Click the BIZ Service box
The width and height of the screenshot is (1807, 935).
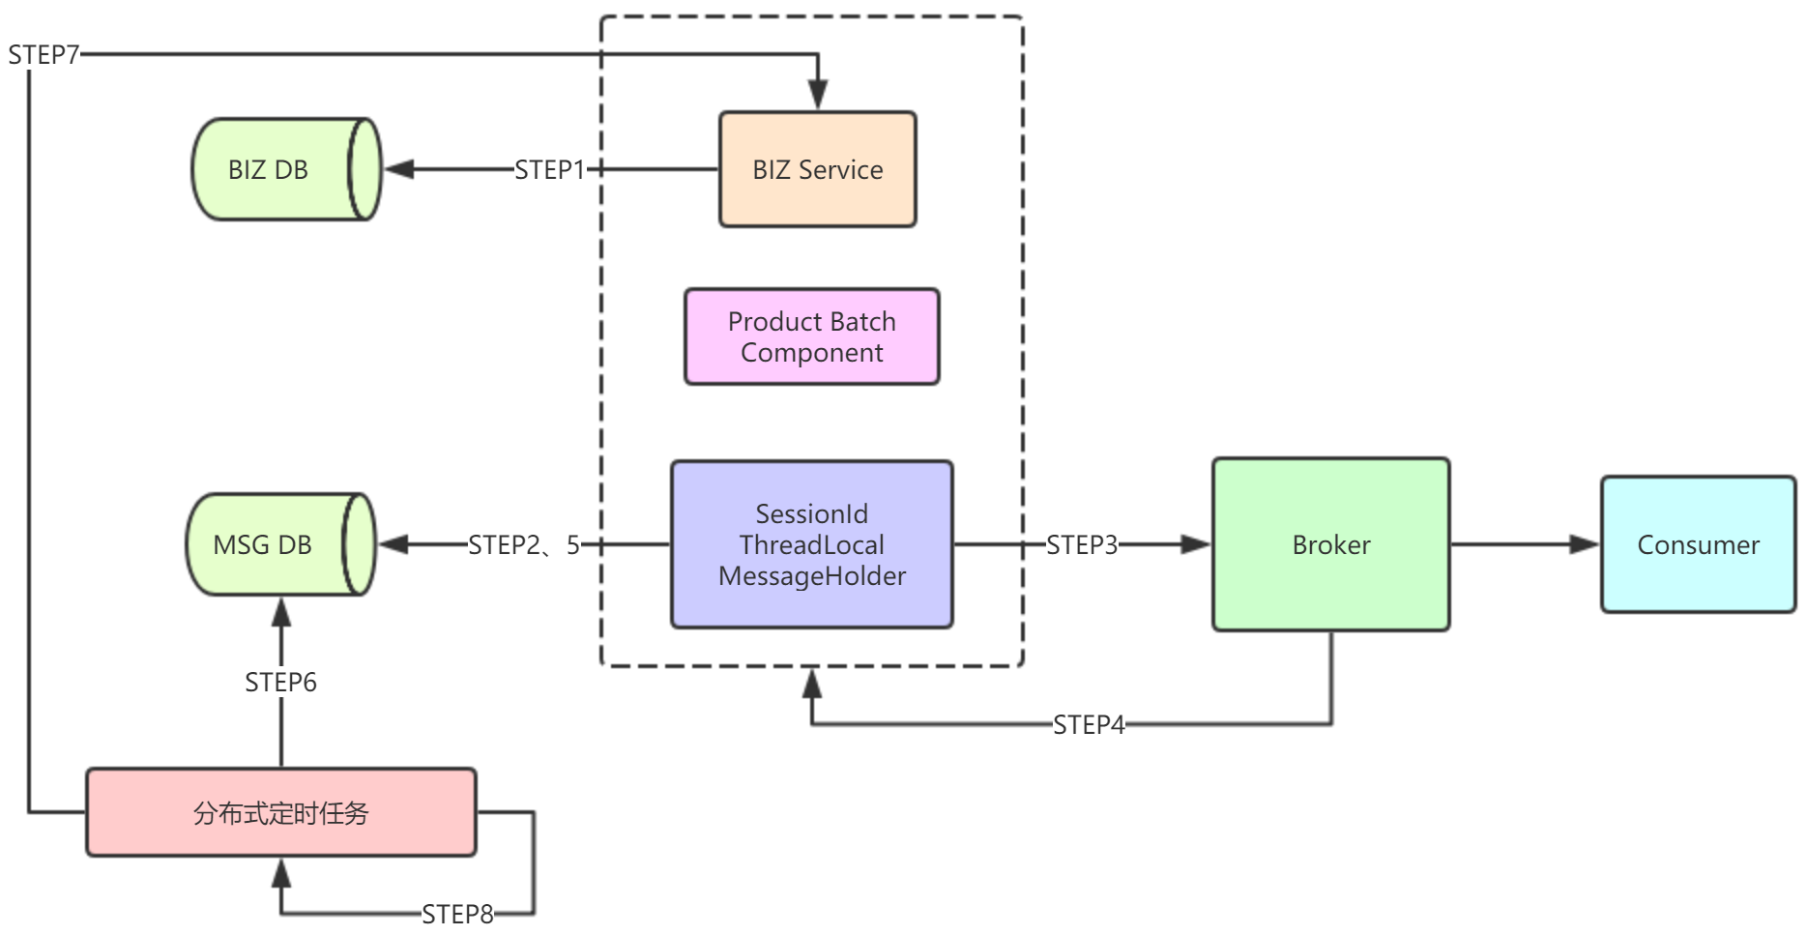817,169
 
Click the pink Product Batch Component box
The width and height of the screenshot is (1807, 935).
811,336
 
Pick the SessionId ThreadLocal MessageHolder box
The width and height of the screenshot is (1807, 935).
811,544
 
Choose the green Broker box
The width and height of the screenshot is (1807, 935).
1330,544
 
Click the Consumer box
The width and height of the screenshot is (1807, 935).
1698,544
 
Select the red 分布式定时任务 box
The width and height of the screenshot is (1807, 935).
280,812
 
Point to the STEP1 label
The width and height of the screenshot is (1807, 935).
549,170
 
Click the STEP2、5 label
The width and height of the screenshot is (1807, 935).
524,545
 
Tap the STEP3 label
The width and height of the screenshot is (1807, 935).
1081,545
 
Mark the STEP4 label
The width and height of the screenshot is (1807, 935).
1089,724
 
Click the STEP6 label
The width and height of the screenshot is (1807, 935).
280,683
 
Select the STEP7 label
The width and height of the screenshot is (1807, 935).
44,55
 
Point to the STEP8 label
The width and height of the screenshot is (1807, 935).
457,914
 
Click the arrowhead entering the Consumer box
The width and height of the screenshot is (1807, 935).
1585,544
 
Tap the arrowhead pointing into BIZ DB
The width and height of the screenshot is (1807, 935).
399,169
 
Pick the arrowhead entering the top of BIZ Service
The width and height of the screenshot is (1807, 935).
818,95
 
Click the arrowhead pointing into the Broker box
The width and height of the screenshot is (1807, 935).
1196,544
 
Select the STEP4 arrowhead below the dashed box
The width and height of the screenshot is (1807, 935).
812,684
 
